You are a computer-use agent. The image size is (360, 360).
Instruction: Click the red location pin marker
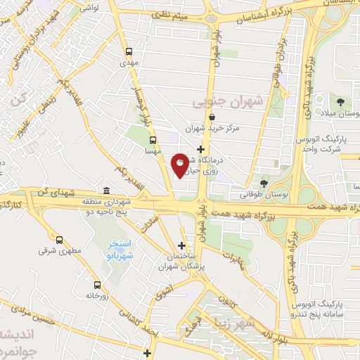[x=180, y=165]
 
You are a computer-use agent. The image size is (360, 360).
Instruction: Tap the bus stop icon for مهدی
[x=129, y=51]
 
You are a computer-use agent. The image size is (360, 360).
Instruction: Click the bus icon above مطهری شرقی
[x=59, y=240]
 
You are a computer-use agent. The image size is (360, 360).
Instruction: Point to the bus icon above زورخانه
[x=97, y=285]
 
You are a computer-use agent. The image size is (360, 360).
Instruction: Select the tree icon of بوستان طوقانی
[x=264, y=181]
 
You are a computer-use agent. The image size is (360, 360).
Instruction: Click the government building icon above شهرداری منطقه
[x=105, y=191]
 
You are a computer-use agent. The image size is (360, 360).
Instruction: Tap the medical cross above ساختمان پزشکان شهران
[x=182, y=245]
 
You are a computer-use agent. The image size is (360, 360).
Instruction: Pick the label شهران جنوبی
[x=227, y=101]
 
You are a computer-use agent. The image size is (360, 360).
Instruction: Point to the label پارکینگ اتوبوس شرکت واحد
[x=328, y=144]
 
